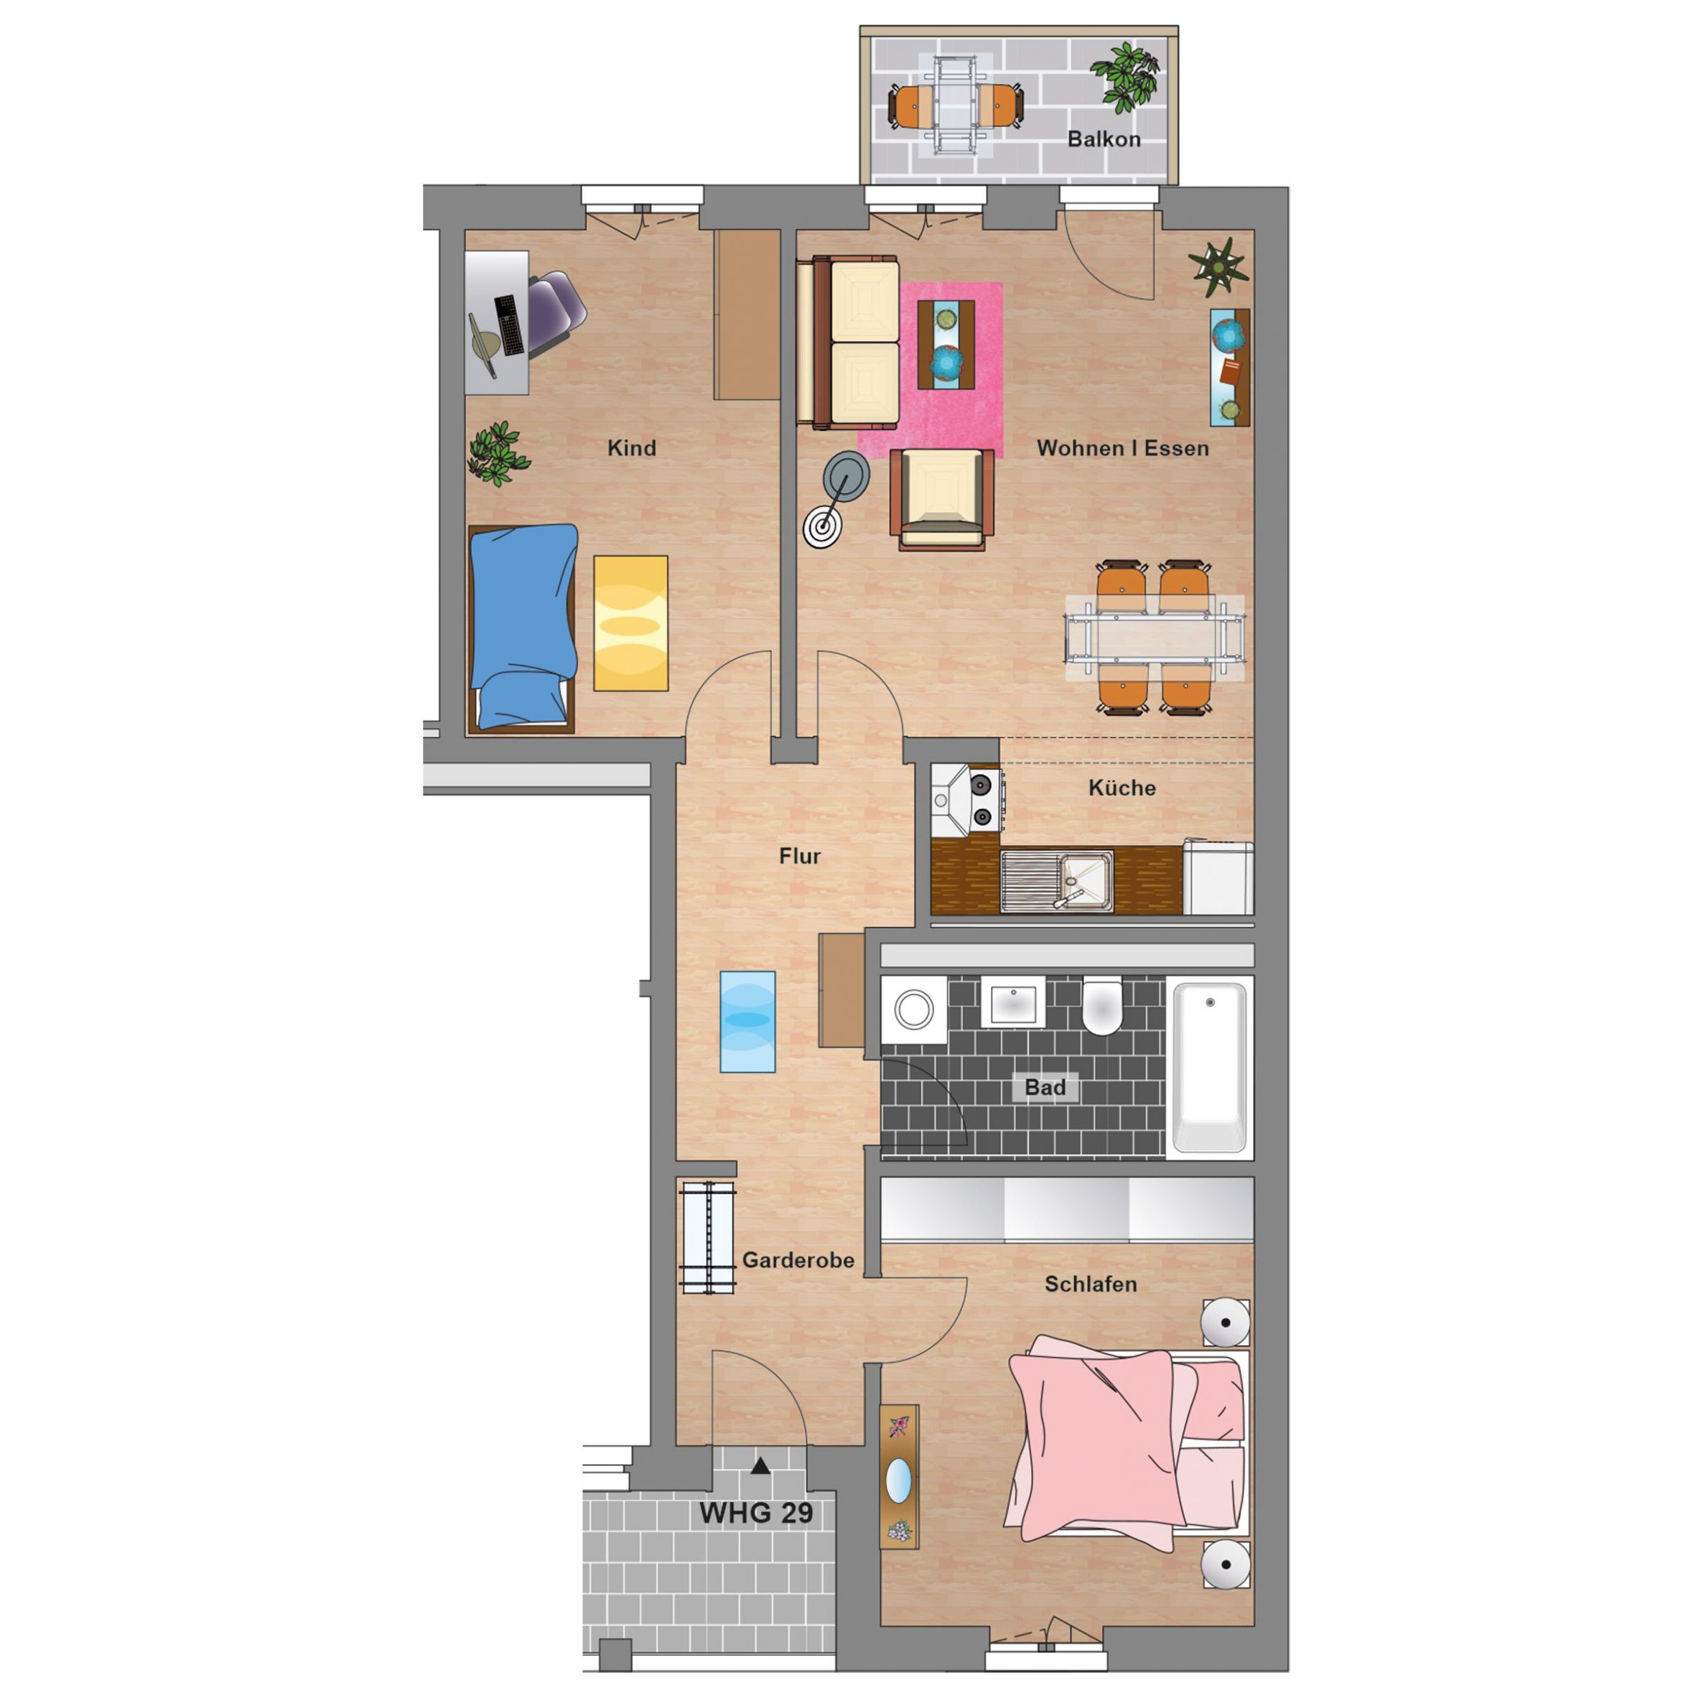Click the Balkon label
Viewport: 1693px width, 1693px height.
pos(1104,139)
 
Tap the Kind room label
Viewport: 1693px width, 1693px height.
pos(631,448)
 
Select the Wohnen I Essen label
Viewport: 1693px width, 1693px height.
pos(1122,448)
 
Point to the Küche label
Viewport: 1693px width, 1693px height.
pos(1121,787)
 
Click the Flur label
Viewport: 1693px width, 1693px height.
pos(799,855)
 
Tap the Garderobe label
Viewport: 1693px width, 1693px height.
pos(798,1259)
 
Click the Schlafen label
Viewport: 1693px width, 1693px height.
pos(1091,1284)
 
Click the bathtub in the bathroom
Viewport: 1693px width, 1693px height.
pos(1209,1068)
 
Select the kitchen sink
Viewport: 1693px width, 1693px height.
pos(1057,881)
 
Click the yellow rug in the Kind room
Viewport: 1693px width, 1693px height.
pos(631,623)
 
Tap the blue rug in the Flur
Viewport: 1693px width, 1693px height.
pos(747,1021)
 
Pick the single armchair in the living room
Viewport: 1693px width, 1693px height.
pos(942,498)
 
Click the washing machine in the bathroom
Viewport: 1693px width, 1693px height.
pos(914,1009)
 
